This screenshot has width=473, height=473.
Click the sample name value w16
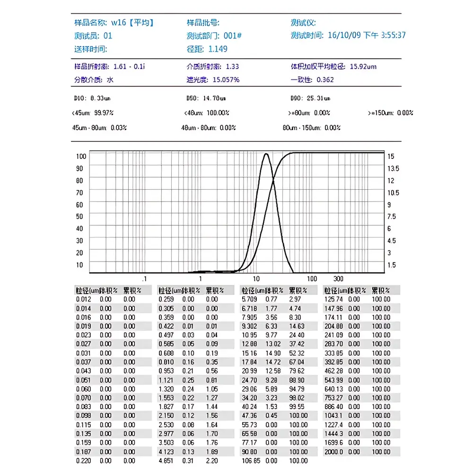pos(118,22)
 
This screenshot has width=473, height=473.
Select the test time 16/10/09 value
pos(343,35)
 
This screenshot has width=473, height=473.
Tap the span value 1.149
pos(218,49)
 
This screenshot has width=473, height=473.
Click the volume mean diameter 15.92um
pos(363,67)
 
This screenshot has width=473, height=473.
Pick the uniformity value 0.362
pos(325,79)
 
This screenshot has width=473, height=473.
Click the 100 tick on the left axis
pos(80,156)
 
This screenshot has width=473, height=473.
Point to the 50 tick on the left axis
pos(79,217)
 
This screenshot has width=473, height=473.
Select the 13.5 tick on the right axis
pos(394,168)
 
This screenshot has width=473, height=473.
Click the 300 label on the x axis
pos(338,279)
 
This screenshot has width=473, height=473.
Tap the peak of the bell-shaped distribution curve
pos(266,154)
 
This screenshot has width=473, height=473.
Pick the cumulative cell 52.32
pos(297,353)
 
